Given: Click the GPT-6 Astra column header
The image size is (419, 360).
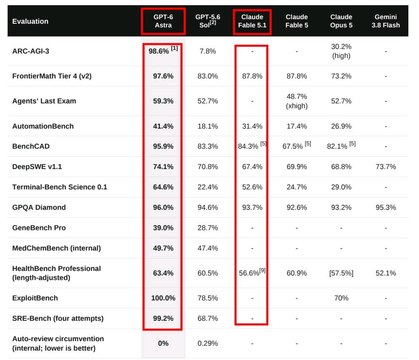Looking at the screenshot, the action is tap(163, 21).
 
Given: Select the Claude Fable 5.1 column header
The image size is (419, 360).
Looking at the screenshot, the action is tap(252, 21).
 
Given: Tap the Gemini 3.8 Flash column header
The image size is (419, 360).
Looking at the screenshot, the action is tap(385, 21).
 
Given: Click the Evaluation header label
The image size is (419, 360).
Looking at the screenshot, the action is tap(30, 21).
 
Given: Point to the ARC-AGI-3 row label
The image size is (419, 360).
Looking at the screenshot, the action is tap(31, 51).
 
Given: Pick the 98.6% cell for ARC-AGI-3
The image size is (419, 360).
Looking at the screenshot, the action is tap(163, 50).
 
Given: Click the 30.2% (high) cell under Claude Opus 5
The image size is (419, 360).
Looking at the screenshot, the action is tap(341, 51).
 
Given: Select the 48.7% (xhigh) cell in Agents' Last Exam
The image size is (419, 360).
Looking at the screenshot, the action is tap(297, 101).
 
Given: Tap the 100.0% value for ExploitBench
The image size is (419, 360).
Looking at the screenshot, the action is tap(163, 298).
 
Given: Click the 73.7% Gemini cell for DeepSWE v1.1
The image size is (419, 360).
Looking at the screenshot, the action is tap(385, 166).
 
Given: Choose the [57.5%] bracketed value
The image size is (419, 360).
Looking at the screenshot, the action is tap(341, 273).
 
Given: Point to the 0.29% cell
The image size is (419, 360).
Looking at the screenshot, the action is tap(207, 343).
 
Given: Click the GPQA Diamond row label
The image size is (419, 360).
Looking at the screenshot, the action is tap(39, 207).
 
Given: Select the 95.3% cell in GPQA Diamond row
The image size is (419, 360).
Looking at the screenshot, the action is tap(385, 207).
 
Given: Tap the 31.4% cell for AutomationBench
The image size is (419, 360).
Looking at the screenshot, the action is tap(252, 126).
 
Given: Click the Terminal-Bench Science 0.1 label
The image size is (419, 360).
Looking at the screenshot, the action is tap(60, 187).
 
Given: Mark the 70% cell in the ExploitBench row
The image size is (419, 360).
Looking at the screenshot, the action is tap(341, 298).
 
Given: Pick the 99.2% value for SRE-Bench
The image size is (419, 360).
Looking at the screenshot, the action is tap(163, 318).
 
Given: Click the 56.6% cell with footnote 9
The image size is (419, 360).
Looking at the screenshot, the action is tap(252, 272).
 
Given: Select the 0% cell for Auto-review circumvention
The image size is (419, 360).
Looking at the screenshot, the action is tap(163, 343).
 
